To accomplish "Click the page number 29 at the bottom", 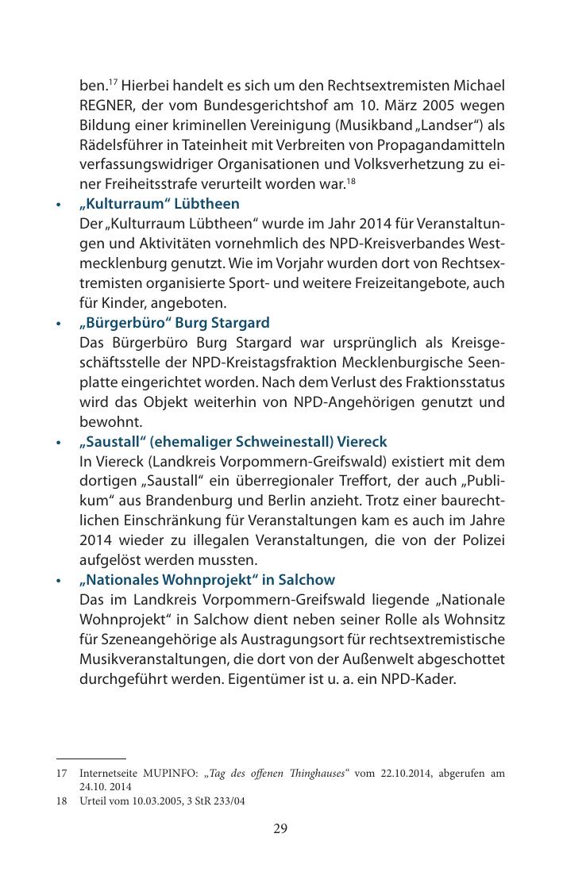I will point(280,829).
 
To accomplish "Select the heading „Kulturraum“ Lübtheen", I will point(159,204).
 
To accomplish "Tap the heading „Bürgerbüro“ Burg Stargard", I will point(174,323).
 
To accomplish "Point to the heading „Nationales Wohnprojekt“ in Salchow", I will point(206,580).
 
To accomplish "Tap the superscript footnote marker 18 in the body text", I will point(350,181).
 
